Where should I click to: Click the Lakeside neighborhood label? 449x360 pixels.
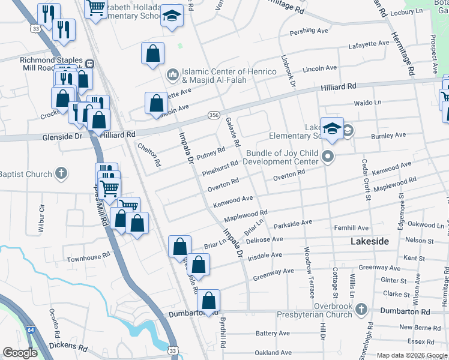[x=369, y=241]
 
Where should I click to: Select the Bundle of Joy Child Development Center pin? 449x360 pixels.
[x=327, y=157]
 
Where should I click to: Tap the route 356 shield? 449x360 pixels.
[x=213, y=115]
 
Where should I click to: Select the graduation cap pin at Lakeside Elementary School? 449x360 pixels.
[x=332, y=128]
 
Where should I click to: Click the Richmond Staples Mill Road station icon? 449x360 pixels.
[x=89, y=64]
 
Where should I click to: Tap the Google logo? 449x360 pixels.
[x=20, y=353]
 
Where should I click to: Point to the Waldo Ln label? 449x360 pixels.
[x=368, y=103]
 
